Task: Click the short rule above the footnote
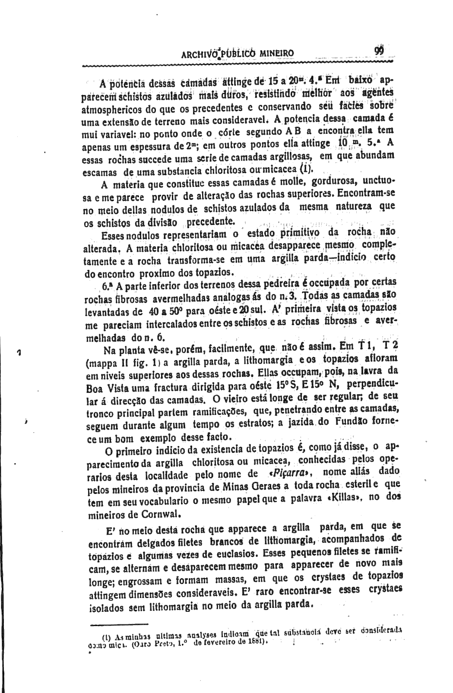(x=119, y=623)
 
